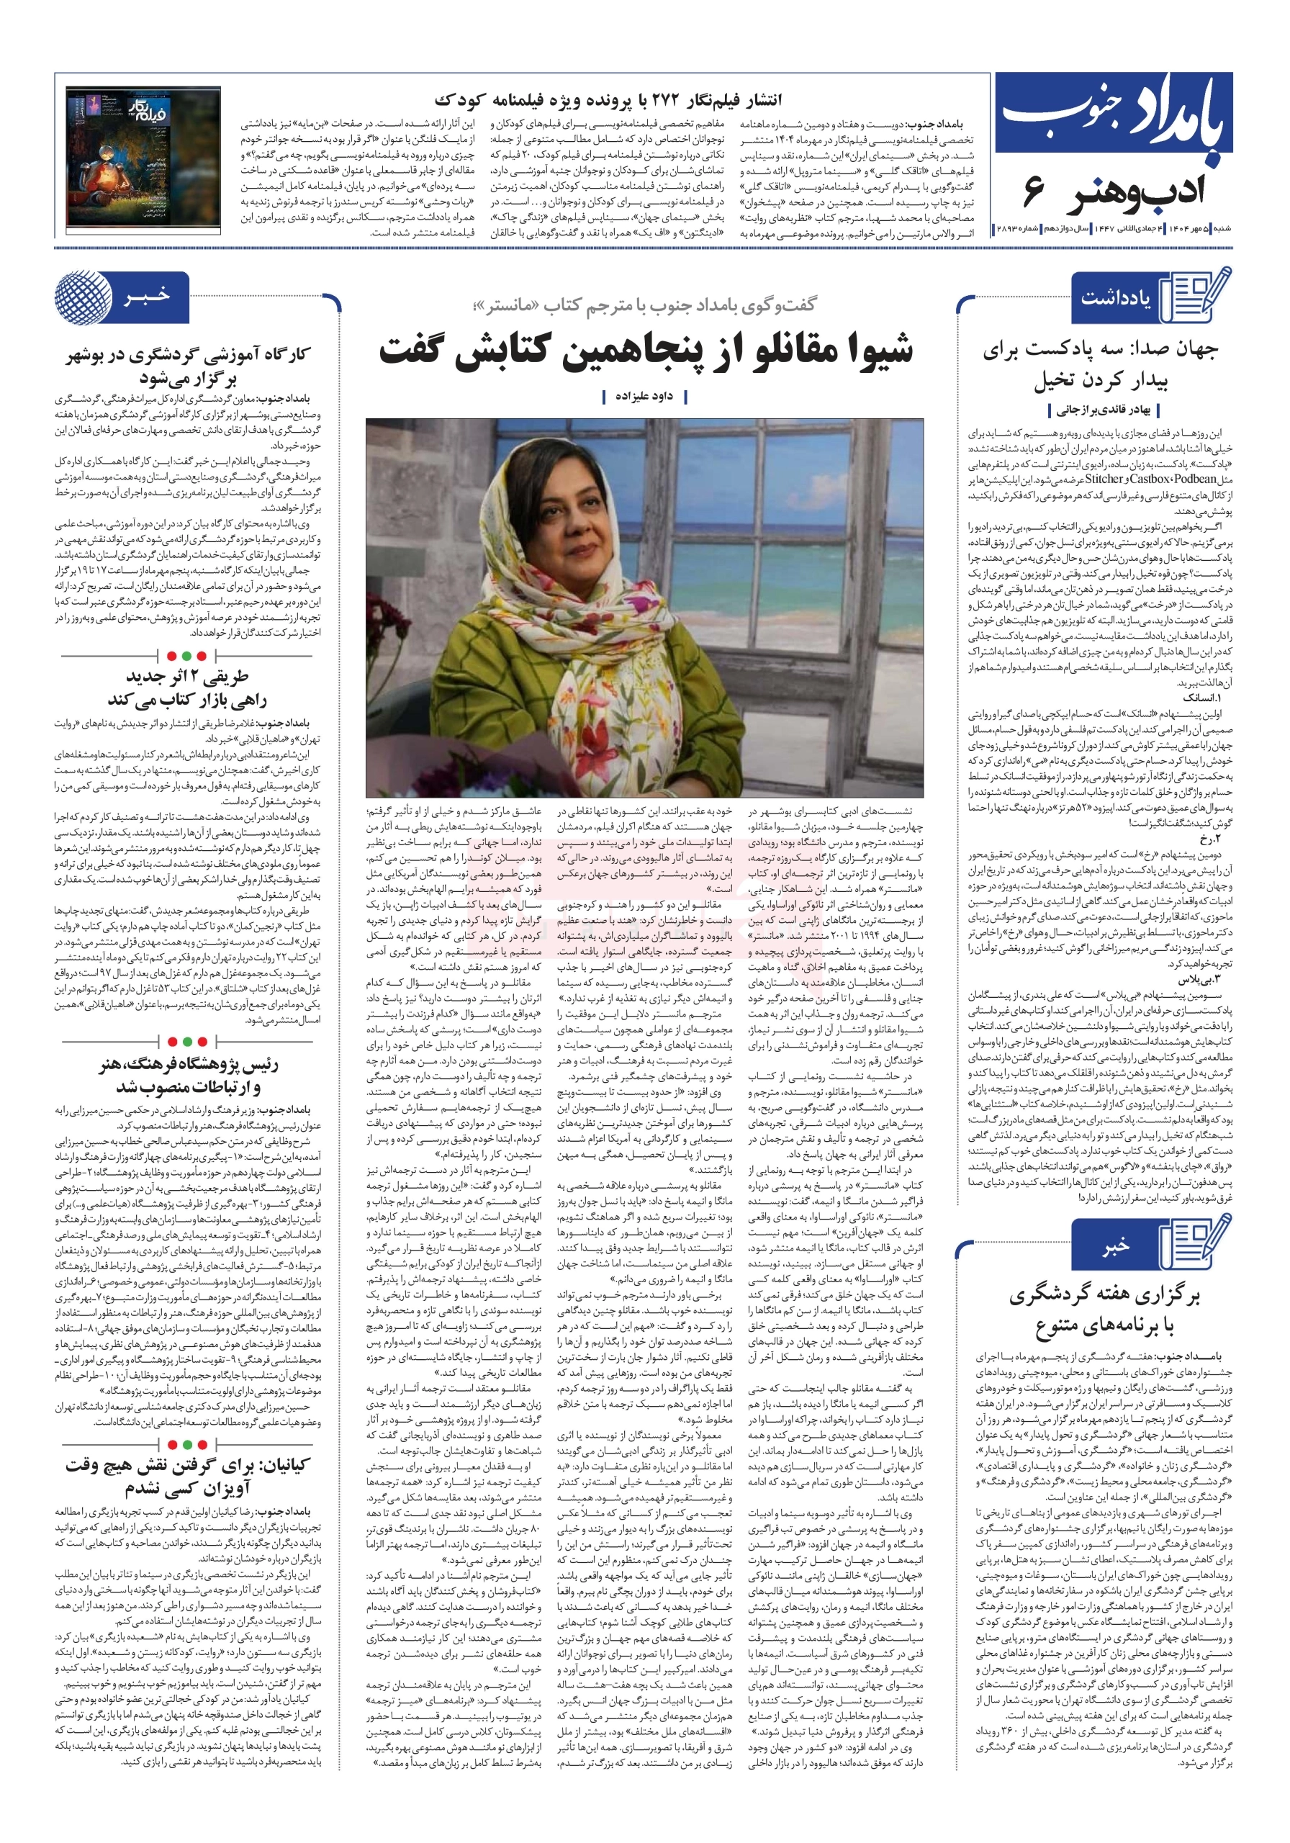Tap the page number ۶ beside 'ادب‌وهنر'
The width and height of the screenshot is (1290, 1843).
1034,193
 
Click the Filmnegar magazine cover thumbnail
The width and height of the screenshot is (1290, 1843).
143,158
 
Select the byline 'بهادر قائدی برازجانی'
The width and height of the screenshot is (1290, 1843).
1104,410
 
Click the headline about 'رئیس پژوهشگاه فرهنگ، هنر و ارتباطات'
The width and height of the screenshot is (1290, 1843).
188,1076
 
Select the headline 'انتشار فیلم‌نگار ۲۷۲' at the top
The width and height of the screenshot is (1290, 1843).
608,100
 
